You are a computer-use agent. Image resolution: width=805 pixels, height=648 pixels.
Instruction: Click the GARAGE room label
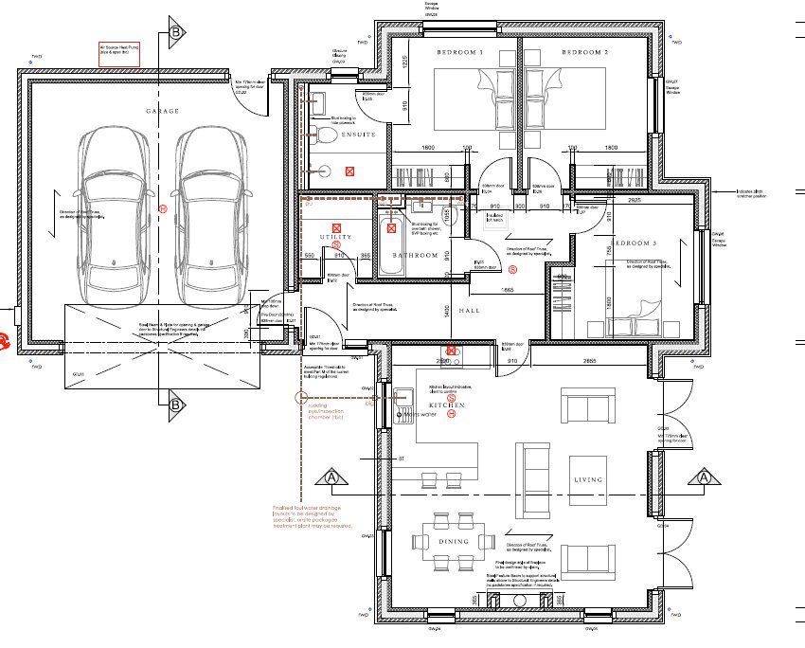(162, 111)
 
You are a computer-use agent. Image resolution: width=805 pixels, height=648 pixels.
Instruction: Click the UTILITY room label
(335, 235)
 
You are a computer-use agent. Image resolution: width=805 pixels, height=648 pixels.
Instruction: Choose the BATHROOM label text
(416, 256)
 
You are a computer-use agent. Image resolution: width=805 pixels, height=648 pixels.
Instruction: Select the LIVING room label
(587, 480)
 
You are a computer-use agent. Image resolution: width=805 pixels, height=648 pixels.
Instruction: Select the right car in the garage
(210, 210)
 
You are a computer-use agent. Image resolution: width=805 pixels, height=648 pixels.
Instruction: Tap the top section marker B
(176, 32)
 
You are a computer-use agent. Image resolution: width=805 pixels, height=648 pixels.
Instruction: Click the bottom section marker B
(176, 406)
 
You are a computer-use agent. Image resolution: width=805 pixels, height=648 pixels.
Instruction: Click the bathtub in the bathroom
(390, 244)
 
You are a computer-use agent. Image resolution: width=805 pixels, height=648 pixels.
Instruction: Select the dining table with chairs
(453, 541)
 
